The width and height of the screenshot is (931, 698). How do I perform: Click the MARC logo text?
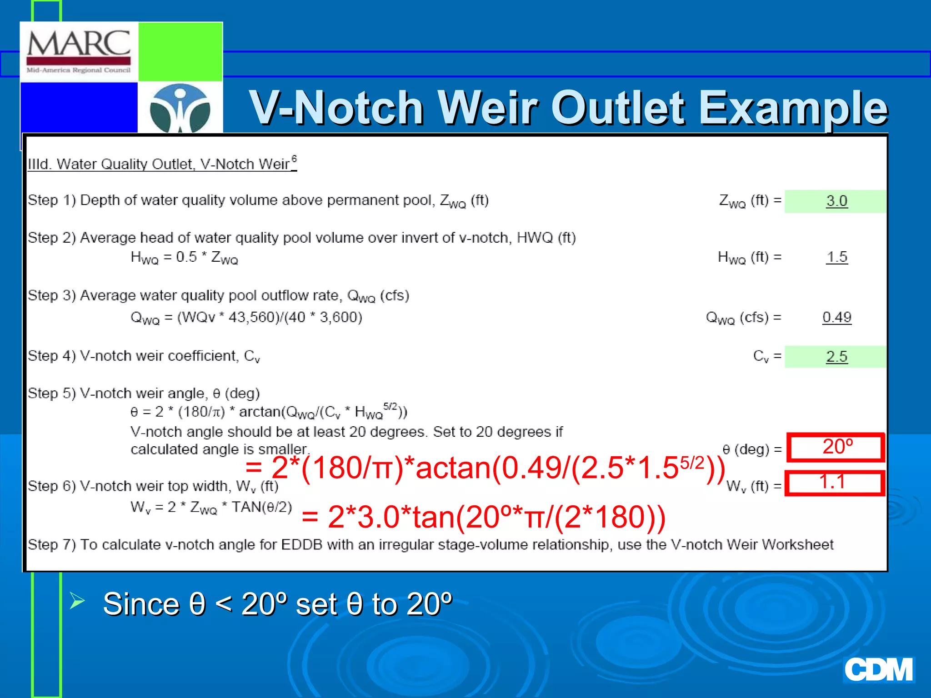(x=79, y=44)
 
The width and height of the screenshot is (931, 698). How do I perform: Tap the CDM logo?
(x=878, y=670)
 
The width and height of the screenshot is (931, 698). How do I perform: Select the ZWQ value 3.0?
(x=836, y=201)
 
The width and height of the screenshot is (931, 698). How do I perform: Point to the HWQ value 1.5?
(x=836, y=257)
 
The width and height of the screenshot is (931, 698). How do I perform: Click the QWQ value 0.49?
(x=836, y=317)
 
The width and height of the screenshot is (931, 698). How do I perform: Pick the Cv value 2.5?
(x=836, y=356)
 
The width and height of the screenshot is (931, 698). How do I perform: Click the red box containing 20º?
(x=836, y=447)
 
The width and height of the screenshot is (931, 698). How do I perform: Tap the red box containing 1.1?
(x=835, y=483)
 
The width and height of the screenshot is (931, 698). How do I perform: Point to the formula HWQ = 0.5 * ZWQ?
(x=184, y=258)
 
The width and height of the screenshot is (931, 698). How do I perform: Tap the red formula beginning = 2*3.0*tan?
(x=483, y=517)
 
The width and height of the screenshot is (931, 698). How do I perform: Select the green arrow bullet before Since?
(x=77, y=601)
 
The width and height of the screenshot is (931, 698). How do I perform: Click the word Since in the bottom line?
(x=141, y=604)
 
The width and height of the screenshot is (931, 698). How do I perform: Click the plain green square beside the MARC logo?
(x=180, y=51)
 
